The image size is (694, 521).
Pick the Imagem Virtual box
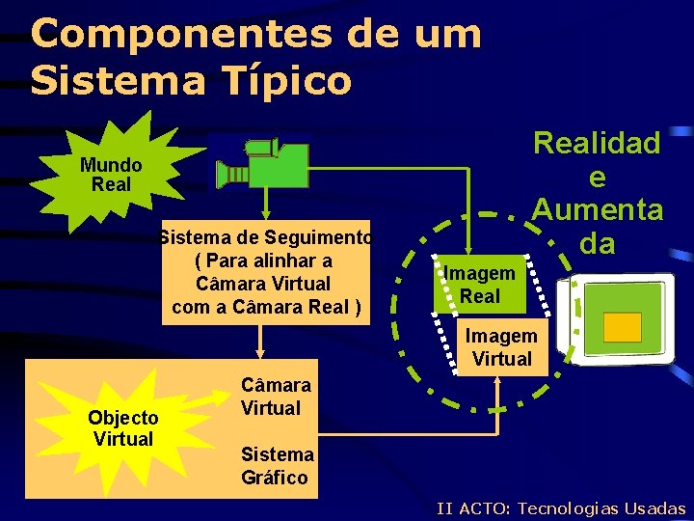500,347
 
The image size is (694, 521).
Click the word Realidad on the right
597,144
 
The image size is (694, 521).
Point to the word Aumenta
597,208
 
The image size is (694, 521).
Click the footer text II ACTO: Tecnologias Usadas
560,508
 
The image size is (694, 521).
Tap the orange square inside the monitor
622,327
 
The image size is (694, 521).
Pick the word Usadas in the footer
654,508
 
